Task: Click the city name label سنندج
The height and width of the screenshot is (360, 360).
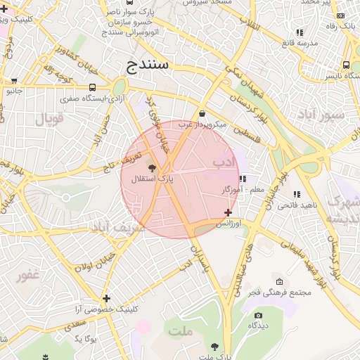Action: [x=148, y=66]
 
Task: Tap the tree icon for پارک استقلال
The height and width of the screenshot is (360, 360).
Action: [x=153, y=167]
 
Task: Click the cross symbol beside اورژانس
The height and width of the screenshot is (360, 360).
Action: [x=228, y=212]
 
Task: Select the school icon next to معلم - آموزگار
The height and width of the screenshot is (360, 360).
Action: [x=243, y=179]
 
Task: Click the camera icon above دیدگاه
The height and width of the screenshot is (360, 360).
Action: [x=258, y=316]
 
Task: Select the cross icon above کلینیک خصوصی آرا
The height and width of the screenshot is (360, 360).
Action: [x=106, y=298]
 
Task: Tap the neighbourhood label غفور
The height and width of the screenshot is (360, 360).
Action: [x=28, y=275]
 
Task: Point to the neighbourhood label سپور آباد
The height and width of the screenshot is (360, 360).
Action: [x=320, y=115]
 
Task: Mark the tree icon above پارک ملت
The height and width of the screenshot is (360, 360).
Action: [x=214, y=346]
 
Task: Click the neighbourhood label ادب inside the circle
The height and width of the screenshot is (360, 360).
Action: [x=223, y=162]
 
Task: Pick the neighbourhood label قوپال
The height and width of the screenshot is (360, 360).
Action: [x=49, y=117]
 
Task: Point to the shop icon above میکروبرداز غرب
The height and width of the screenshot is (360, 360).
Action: [x=202, y=113]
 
